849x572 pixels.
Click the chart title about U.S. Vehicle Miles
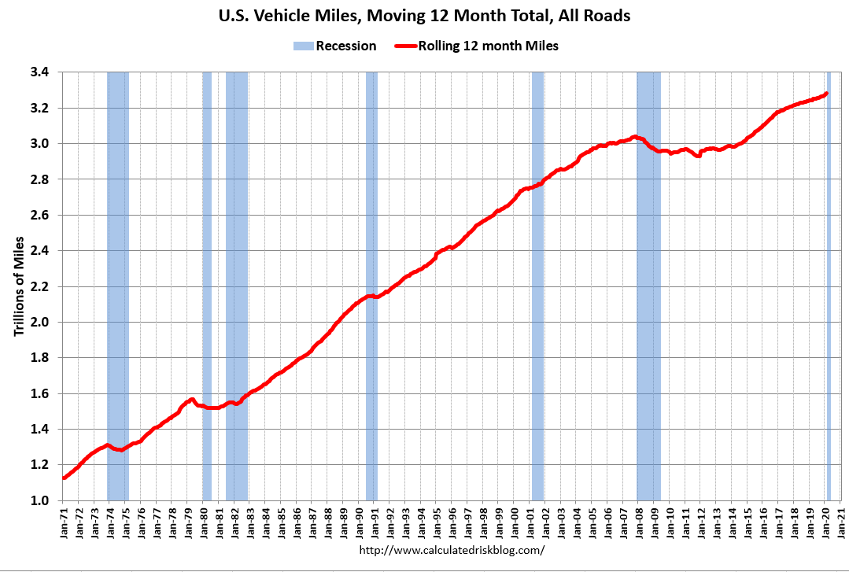(424, 16)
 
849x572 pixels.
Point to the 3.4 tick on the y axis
(40, 72)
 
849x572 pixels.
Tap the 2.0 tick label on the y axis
(40, 322)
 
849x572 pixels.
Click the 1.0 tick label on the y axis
(40, 500)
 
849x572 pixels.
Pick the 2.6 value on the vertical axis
(40, 215)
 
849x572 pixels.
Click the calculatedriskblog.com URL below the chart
(452, 549)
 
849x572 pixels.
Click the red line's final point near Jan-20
(826, 94)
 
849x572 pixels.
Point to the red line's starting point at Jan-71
(64, 478)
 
